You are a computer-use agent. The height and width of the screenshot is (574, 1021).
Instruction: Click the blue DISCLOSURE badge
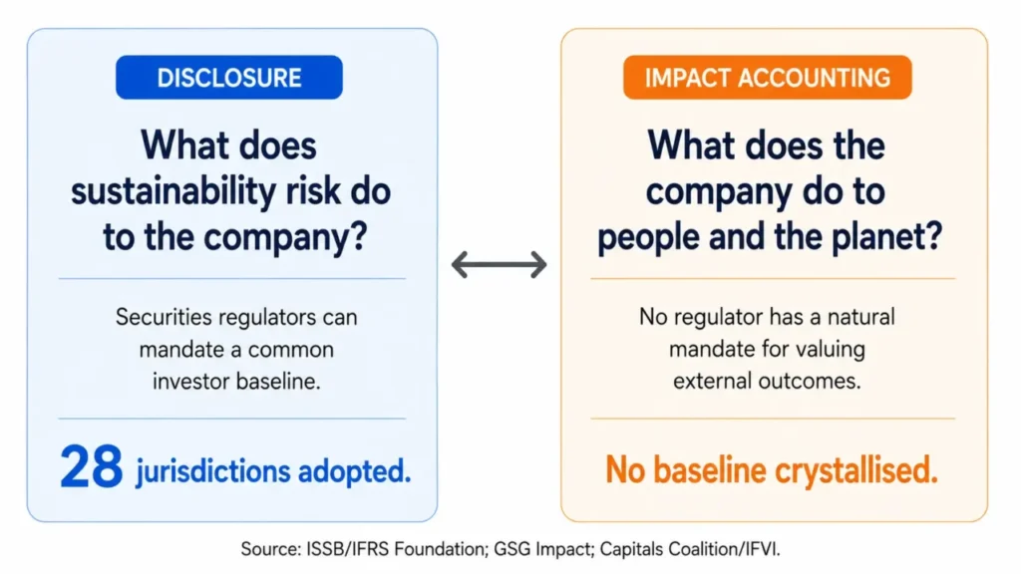[229, 78]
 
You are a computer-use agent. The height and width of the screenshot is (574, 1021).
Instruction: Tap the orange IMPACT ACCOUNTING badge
[767, 78]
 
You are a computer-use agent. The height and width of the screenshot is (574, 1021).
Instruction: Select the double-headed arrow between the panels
[500, 265]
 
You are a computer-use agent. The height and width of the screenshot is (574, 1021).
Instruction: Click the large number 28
[91, 466]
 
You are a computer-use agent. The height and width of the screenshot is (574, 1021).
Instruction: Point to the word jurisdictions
[213, 471]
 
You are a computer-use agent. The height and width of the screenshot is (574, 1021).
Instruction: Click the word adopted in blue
[354, 470]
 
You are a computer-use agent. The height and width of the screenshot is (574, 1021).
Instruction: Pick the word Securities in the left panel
[164, 317]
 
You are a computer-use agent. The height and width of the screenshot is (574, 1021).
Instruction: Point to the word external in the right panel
[713, 381]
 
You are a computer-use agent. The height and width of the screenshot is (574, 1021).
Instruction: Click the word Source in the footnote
[271, 549]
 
